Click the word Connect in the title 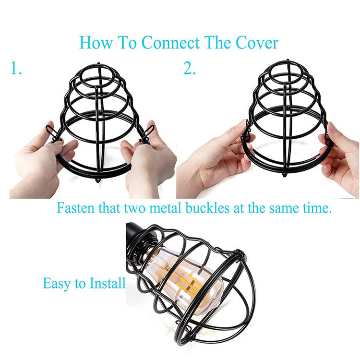pos(170,43)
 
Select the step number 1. pos(16,69)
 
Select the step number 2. pos(190,69)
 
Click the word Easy pos(57,283)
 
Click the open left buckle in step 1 pos(51,131)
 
